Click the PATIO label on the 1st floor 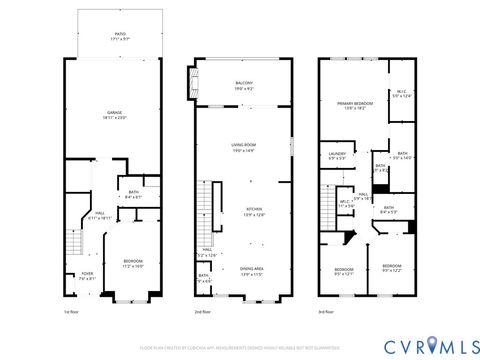pyautogui.click(x=120, y=35)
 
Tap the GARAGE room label pyautogui.click(x=120, y=114)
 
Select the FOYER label pyautogui.click(x=73, y=277)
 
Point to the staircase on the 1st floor pyautogui.click(x=74, y=243)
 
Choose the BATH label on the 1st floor pyautogui.click(x=133, y=195)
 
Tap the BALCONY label pyautogui.click(x=243, y=85)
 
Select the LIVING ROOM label pyautogui.click(x=243, y=148)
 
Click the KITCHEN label pyautogui.click(x=255, y=211)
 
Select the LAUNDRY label pyautogui.click(x=336, y=155)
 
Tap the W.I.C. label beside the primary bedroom pyautogui.click(x=399, y=94)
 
